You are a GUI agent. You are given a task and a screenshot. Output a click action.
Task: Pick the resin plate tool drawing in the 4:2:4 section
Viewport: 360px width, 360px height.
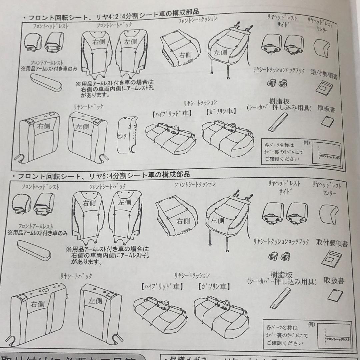pos(278,122)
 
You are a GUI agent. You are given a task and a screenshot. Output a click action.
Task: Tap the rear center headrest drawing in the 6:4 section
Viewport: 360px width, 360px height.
pos(328,214)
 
